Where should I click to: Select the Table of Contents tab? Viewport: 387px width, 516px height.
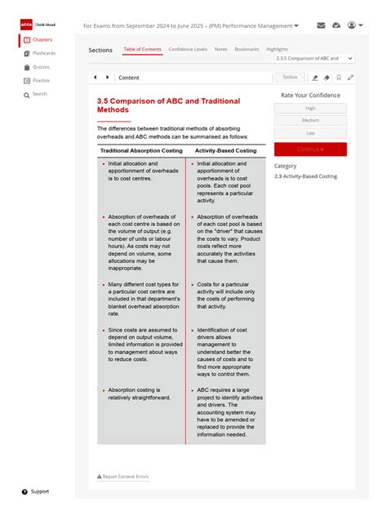click(142, 50)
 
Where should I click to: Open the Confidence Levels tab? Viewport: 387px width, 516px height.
click(187, 50)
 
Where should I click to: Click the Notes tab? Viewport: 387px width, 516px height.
click(221, 50)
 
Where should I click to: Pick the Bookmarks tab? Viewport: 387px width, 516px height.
click(247, 50)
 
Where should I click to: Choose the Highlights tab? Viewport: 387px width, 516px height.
click(277, 50)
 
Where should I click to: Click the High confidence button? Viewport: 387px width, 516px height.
click(310, 108)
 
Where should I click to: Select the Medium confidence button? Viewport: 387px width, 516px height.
click(310, 120)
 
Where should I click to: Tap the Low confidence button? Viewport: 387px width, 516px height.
click(310, 132)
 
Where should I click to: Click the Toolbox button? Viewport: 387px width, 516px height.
click(290, 77)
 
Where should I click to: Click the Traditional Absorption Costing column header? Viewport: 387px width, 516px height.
click(142, 150)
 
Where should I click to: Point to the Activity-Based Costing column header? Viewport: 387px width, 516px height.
click(225, 150)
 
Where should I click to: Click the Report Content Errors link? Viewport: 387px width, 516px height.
click(123, 476)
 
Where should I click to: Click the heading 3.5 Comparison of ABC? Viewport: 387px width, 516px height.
click(168, 105)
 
